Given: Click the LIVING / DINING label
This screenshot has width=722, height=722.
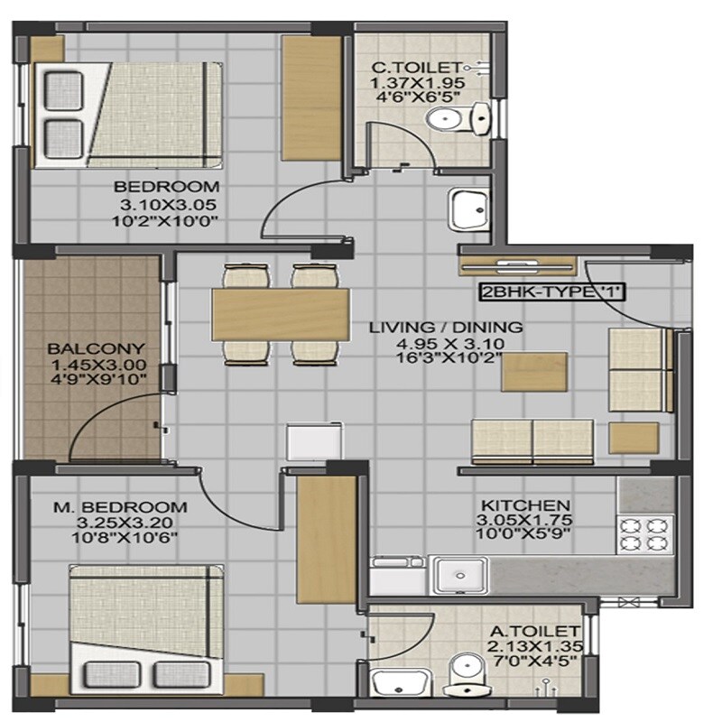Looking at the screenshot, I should coord(446,327).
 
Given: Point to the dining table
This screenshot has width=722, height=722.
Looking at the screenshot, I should coord(280,313).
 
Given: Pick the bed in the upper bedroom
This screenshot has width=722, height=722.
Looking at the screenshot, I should coord(129,114).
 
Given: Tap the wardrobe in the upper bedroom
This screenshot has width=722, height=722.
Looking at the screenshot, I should coord(309,97).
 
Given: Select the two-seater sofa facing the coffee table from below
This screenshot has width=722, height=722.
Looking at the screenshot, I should coord(532,440).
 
